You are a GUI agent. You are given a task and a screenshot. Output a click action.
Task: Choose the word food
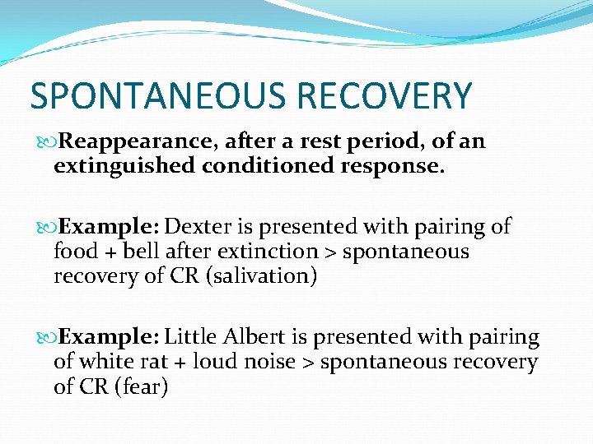coord(75,252)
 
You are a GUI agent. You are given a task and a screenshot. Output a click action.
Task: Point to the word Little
coord(190,337)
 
